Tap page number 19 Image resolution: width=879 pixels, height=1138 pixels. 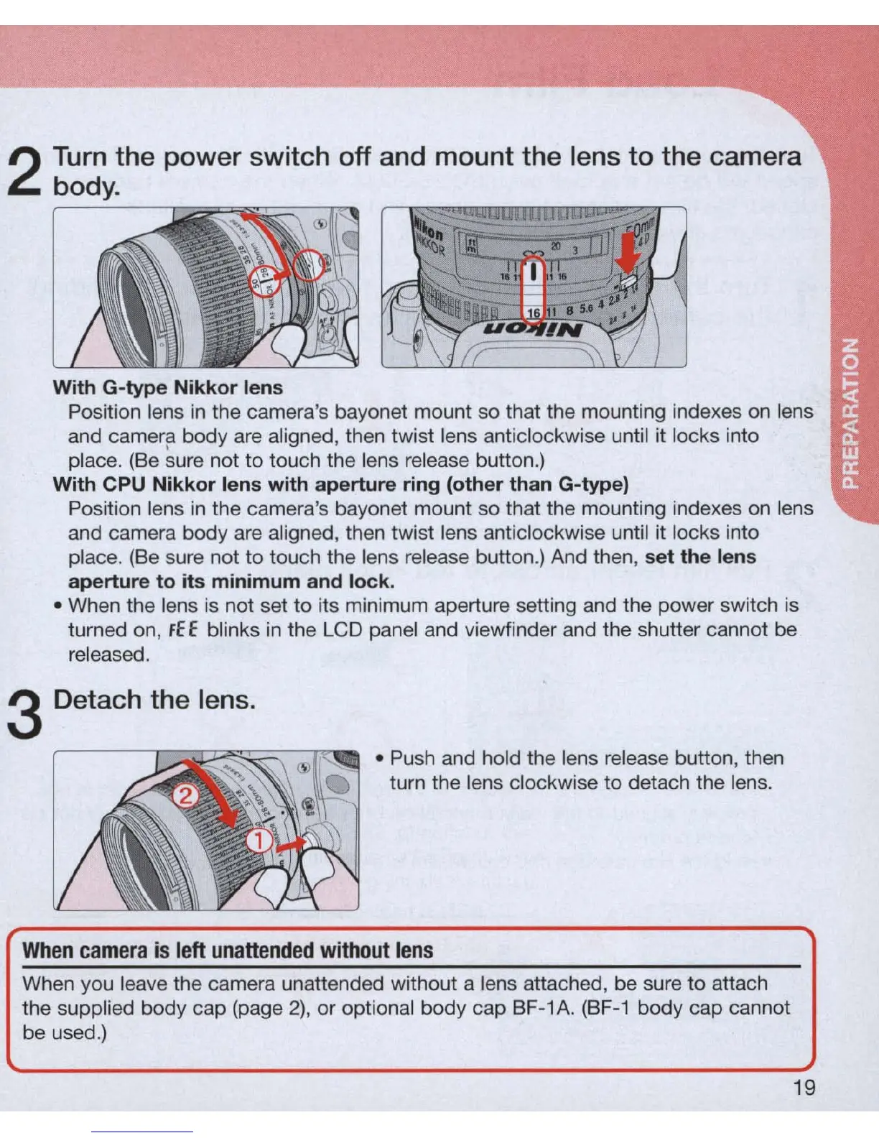pos(804,1088)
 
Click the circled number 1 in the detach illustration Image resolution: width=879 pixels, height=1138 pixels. pos(260,840)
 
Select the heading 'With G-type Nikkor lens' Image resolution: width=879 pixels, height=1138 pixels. pos(168,388)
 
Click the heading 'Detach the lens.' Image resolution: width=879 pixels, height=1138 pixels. pos(154,700)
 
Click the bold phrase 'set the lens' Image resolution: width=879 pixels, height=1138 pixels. pos(700,557)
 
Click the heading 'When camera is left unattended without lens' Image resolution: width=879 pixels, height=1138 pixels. pos(228,950)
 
